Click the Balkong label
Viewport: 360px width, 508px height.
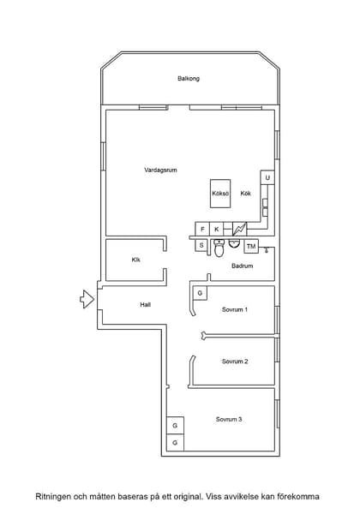pyautogui.click(x=189, y=79)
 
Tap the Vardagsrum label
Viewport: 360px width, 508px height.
pyautogui.click(x=161, y=170)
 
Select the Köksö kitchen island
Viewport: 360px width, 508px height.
pyautogui.click(x=220, y=194)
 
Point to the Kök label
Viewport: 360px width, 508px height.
pyautogui.click(x=246, y=194)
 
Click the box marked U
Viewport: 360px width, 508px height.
pyautogui.click(x=267, y=177)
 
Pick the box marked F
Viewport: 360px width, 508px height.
pyautogui.click(x=202, y=229)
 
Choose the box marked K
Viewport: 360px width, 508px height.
pyautogui.click(x=217, y=229)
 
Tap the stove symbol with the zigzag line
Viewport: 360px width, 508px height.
pyautogui.click(x=240, y=229)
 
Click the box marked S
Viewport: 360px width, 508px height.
pyautogui.click(x=201, y=245)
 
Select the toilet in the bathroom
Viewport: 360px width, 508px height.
pyautogui.click(x=219, y=248)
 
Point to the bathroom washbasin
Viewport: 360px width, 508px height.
pyautogui.click(x=234, y=243)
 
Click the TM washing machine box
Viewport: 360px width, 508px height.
pyautogui.click(x=251, y=247)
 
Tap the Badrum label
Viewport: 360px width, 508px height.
pyautogui.click(x=243, y=266)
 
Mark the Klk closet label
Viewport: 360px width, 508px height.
pyautogui.click(x=136, y=260)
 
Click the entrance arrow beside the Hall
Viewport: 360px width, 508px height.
pyautogui.click(x=87, y=299)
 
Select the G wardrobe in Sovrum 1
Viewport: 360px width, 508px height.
pyautogui.click(x=200, y=293)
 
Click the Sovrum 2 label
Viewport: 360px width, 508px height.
pyautogui.click(x=235, y=362)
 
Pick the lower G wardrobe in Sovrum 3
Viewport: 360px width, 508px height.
pyautogui.click(x=175, y=443)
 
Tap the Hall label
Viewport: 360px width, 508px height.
pyautogui.click(x=146, y=304)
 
